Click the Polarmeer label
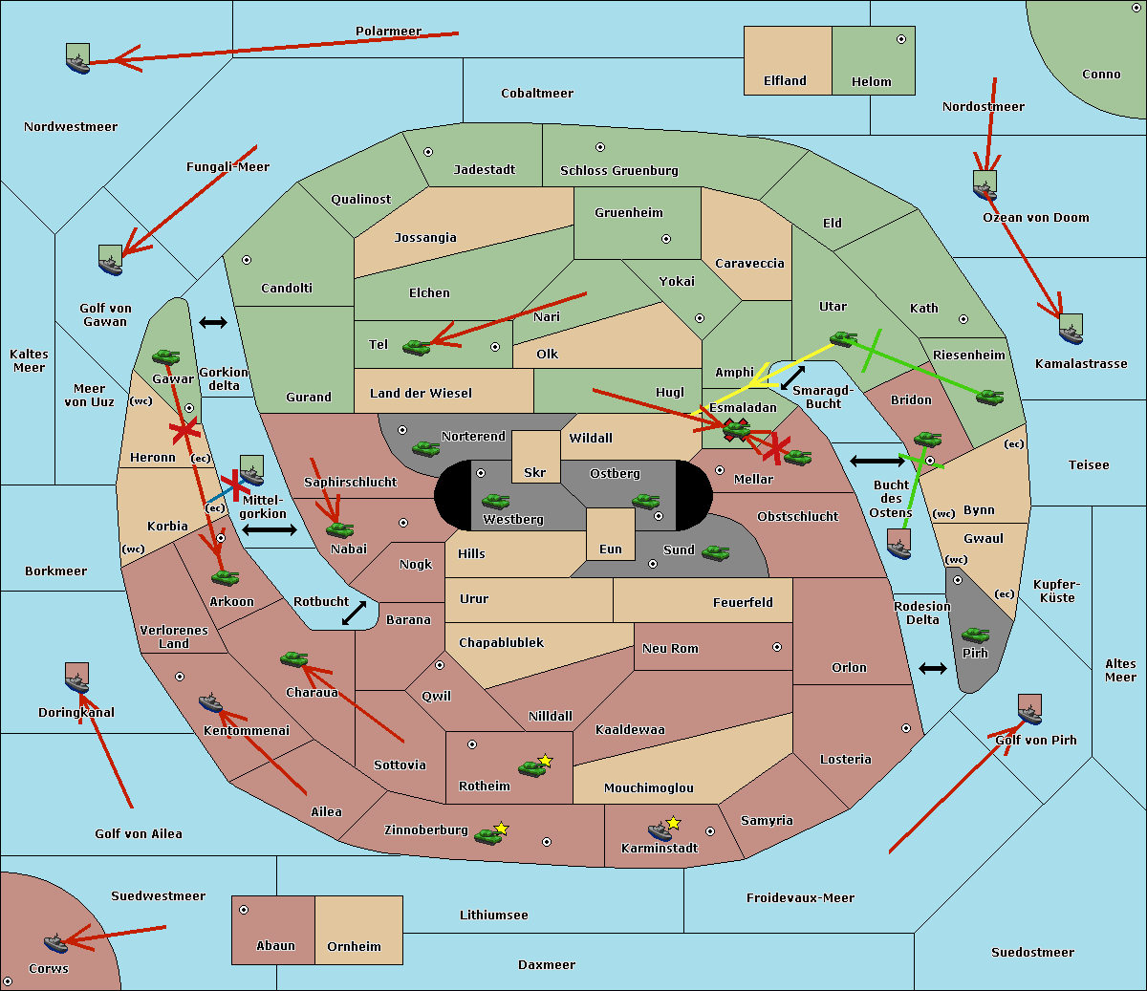[388, 32]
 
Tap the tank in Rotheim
[531, 767]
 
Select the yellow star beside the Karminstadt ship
[674, 822]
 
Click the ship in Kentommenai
[210, 703]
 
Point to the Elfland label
[785, 81]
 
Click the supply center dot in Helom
[900, 39]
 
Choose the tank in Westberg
[495, 501]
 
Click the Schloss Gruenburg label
[618, 171]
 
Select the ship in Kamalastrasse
[1071, 330]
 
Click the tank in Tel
[416, 347]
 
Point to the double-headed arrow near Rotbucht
[354, 614]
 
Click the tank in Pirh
[975, 635]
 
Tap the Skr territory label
[534, 472]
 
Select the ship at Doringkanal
[76, 679]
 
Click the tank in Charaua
[293, 658]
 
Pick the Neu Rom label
[670, 648]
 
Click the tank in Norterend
[425, 448]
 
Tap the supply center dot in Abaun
[244, 910]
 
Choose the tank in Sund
[715, 552]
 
